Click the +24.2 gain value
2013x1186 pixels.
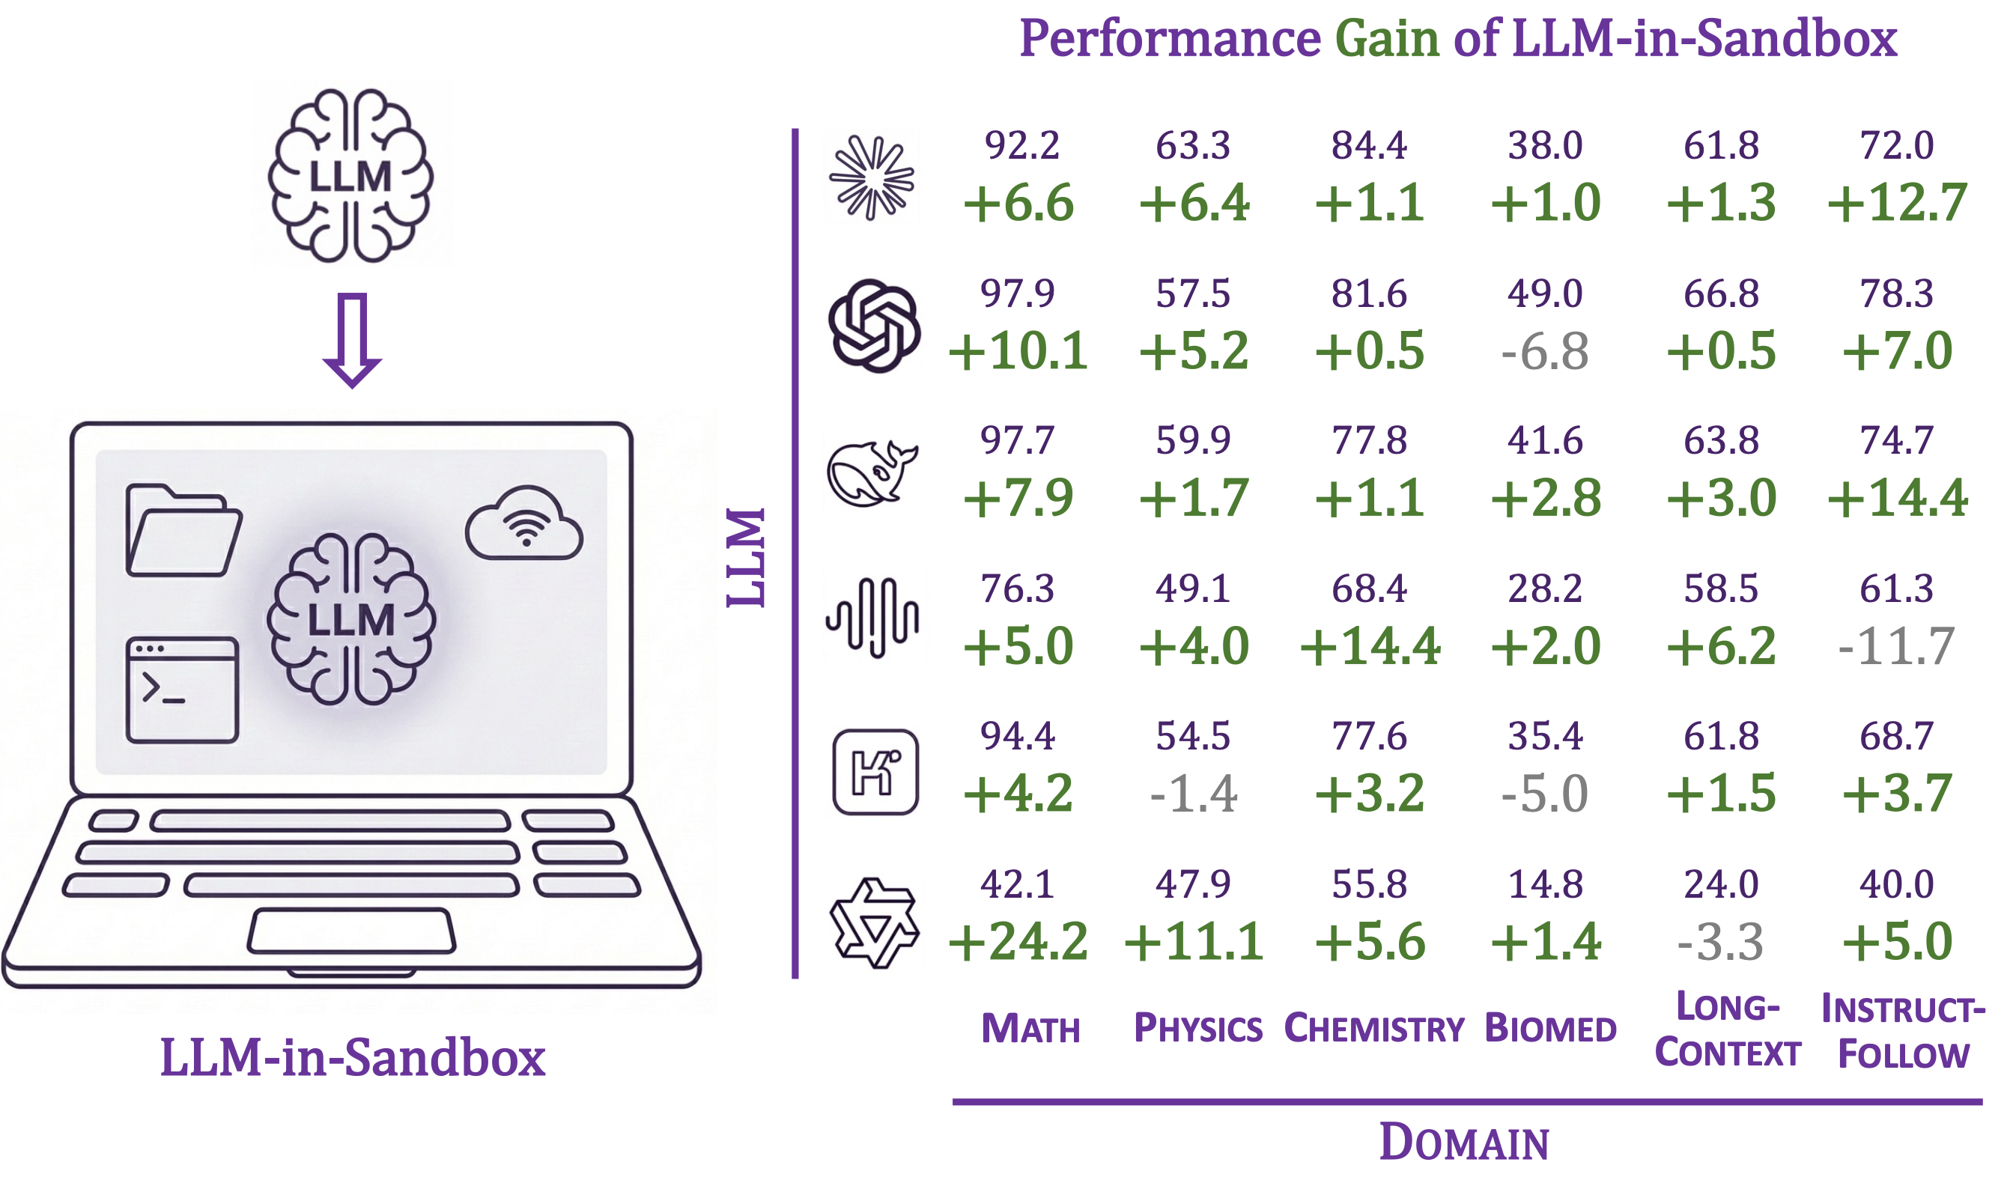click(x=1017, y=941)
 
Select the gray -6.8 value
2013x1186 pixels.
click(x=1545, y=352)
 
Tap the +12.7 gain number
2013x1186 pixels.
click(x=1896, y=203)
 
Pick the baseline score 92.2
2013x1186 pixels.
click(x=1021, y=145)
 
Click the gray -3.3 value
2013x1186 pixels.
click(x=1719, y=941)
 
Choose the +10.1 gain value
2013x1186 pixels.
click(x=1017, y=352)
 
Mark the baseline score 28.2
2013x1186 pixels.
click(x=1545, y=589)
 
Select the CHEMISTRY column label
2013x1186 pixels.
click(x=1373, y=1030)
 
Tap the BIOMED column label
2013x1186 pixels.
click(x=1550, y=1030)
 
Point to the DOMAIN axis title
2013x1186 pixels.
click(x=1464, y=1142)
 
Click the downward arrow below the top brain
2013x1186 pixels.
click(x=352, y=340)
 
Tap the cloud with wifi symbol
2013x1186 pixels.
click(x=524, y=523)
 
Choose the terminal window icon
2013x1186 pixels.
click(x=182, y=690)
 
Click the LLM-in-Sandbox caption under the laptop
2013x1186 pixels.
click(x=353, y=1058)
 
